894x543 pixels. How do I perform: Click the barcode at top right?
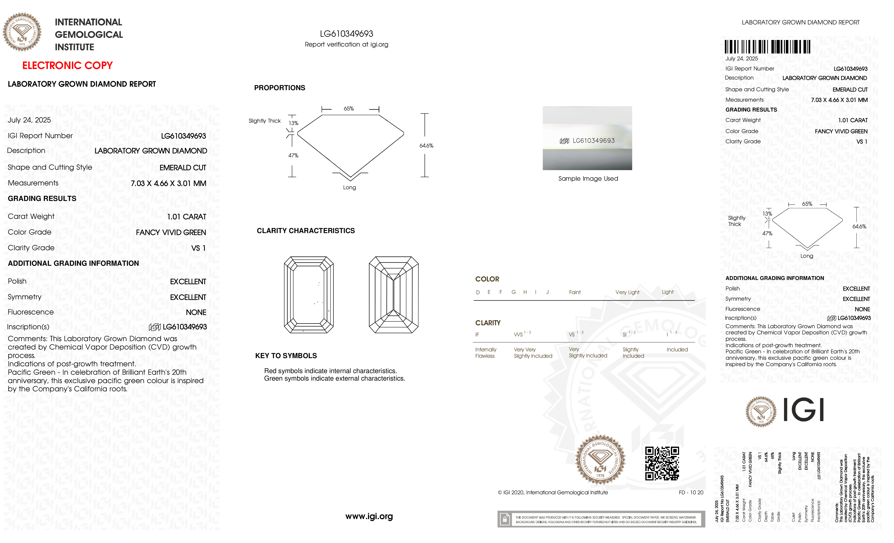coord(767,47)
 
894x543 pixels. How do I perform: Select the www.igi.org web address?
coord(369,516)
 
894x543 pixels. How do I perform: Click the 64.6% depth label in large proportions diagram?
coord(426,145)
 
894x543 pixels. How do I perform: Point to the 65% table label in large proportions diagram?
coord(349,109)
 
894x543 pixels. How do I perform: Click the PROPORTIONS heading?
coord(279,88)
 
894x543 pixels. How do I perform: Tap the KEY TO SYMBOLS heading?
coord(286,356)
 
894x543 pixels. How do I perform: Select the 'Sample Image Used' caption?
coord(588,179)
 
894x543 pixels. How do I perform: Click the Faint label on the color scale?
coord(575,292)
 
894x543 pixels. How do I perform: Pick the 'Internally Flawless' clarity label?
coord(485,352)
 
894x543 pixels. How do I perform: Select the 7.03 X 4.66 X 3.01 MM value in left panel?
coord(168,183)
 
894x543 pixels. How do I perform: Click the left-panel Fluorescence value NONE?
coord(196,312)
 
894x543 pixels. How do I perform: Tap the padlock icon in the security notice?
coord(504,519)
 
